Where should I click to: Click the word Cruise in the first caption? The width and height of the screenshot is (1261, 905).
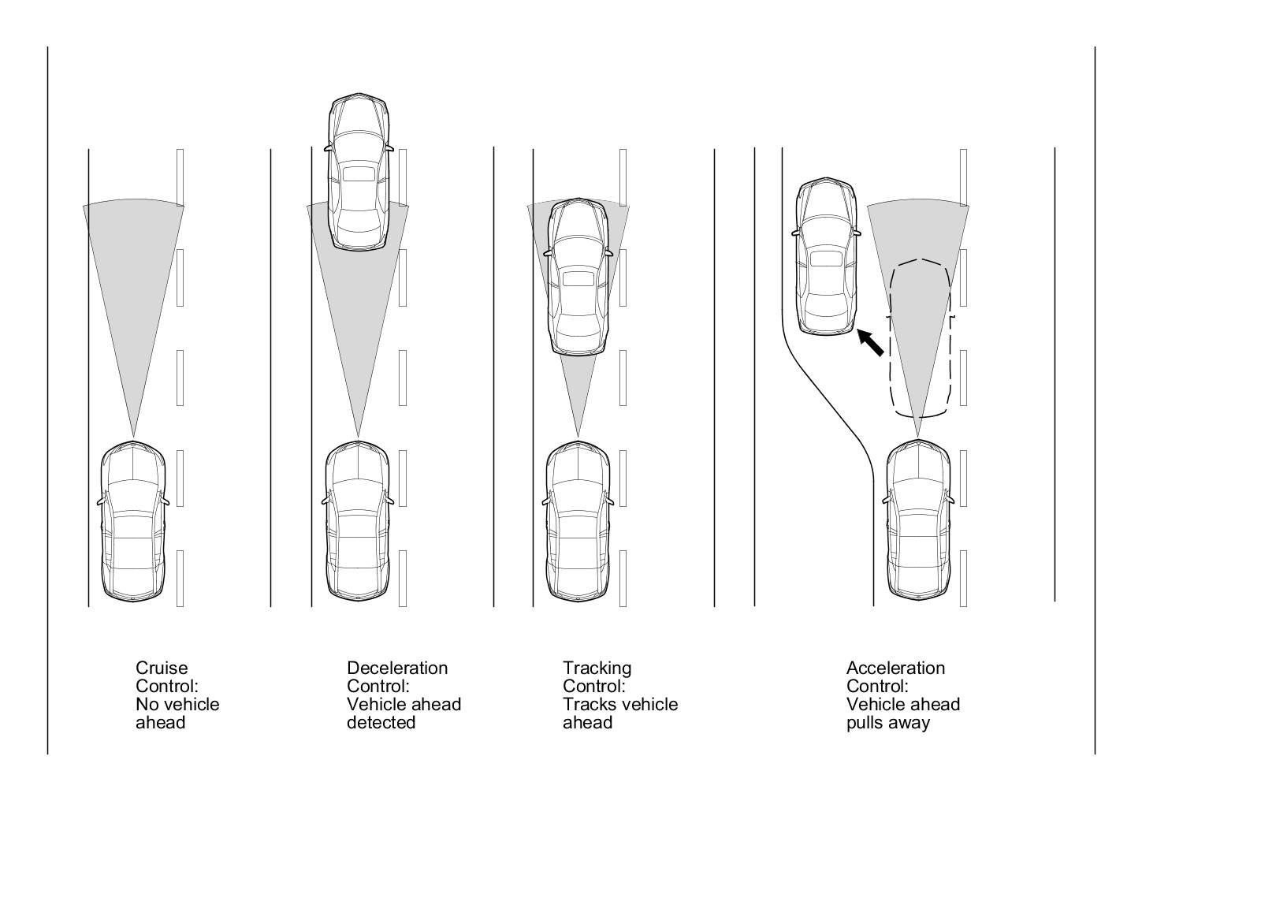162,668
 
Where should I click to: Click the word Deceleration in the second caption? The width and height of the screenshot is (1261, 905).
396,668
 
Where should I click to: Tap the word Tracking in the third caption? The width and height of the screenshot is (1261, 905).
597,668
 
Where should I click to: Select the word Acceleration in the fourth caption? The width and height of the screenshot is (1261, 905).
895,668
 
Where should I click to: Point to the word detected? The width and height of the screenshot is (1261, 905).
381,722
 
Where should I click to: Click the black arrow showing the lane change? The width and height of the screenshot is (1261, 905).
870,343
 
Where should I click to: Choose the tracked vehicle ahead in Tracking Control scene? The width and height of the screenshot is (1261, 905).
578,276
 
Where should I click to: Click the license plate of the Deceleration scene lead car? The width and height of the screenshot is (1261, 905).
359,173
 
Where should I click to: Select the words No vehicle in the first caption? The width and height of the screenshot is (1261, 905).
177,704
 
